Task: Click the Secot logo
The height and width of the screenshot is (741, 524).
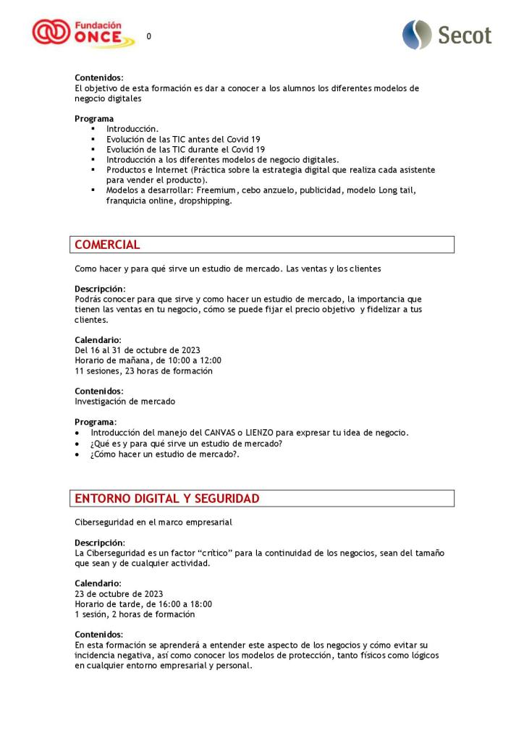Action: [x=447, y=35]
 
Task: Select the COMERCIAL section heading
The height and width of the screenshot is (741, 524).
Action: [x=107, y=245]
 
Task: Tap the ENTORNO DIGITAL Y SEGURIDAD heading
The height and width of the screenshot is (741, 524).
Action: [x=166, y=499]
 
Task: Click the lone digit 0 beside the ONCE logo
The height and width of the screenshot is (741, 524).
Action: [x=149, y=36]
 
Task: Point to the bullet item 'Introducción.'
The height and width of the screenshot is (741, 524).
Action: [x=132, y=129]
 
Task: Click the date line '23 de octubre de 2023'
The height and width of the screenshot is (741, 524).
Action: [x=119, y=594]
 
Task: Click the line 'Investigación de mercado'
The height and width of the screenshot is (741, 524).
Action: [x=124, y=401]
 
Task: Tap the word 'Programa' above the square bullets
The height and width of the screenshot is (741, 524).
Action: [x=94, y=119]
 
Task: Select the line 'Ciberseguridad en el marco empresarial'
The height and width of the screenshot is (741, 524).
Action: [x=153, y=522]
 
